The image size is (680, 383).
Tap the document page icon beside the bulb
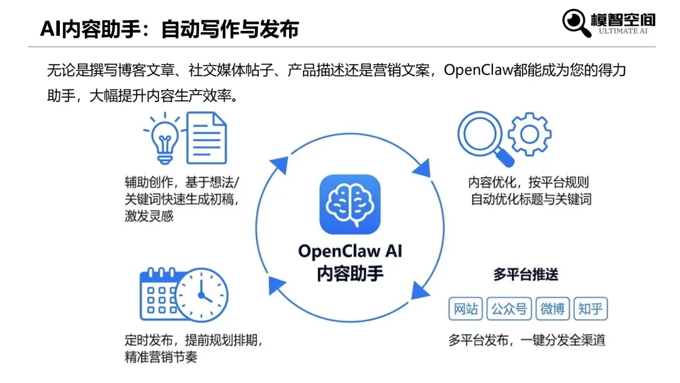[206, 137]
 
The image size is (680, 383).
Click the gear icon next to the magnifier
[529, 134]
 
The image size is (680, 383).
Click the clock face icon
[201, 295]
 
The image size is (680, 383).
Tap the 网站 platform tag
[466, 309]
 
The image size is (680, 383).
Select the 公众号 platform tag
[509, 309]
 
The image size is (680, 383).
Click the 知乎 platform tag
[591, 309]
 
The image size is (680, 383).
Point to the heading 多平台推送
[526, 275]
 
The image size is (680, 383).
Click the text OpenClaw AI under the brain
[349, 251]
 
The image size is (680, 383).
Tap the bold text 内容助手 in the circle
[349, 273]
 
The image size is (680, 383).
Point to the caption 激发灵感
[149, 216]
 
